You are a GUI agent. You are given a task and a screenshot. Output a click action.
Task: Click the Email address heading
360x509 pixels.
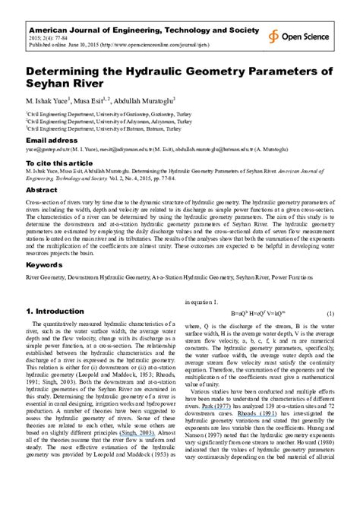52,141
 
